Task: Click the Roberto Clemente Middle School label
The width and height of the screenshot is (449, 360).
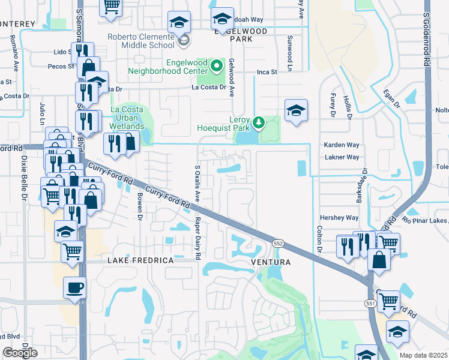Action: click(x=141, y=40)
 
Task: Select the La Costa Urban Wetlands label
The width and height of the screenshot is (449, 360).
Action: click(x=127, y=118)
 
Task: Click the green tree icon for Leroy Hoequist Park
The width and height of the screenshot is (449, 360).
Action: click(x=259, y=122)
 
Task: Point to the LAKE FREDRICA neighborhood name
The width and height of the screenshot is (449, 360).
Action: click(x=140, y=260)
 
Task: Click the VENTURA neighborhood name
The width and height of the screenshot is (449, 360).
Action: click(x=270, y=262)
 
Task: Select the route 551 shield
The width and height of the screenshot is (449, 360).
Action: click(x=370, y=304)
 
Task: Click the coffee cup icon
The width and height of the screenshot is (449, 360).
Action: click(x=74, y=288)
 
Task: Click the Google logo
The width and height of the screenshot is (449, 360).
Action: click(x=20, y=353)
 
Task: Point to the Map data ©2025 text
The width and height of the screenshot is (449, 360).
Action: click(x=423, y=355)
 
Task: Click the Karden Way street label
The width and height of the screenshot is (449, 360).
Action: click(x=341, y=145)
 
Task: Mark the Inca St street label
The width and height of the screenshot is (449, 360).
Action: click(x=267, y=72)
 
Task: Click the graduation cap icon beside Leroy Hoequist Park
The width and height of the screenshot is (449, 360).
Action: click(x=295, y=111)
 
